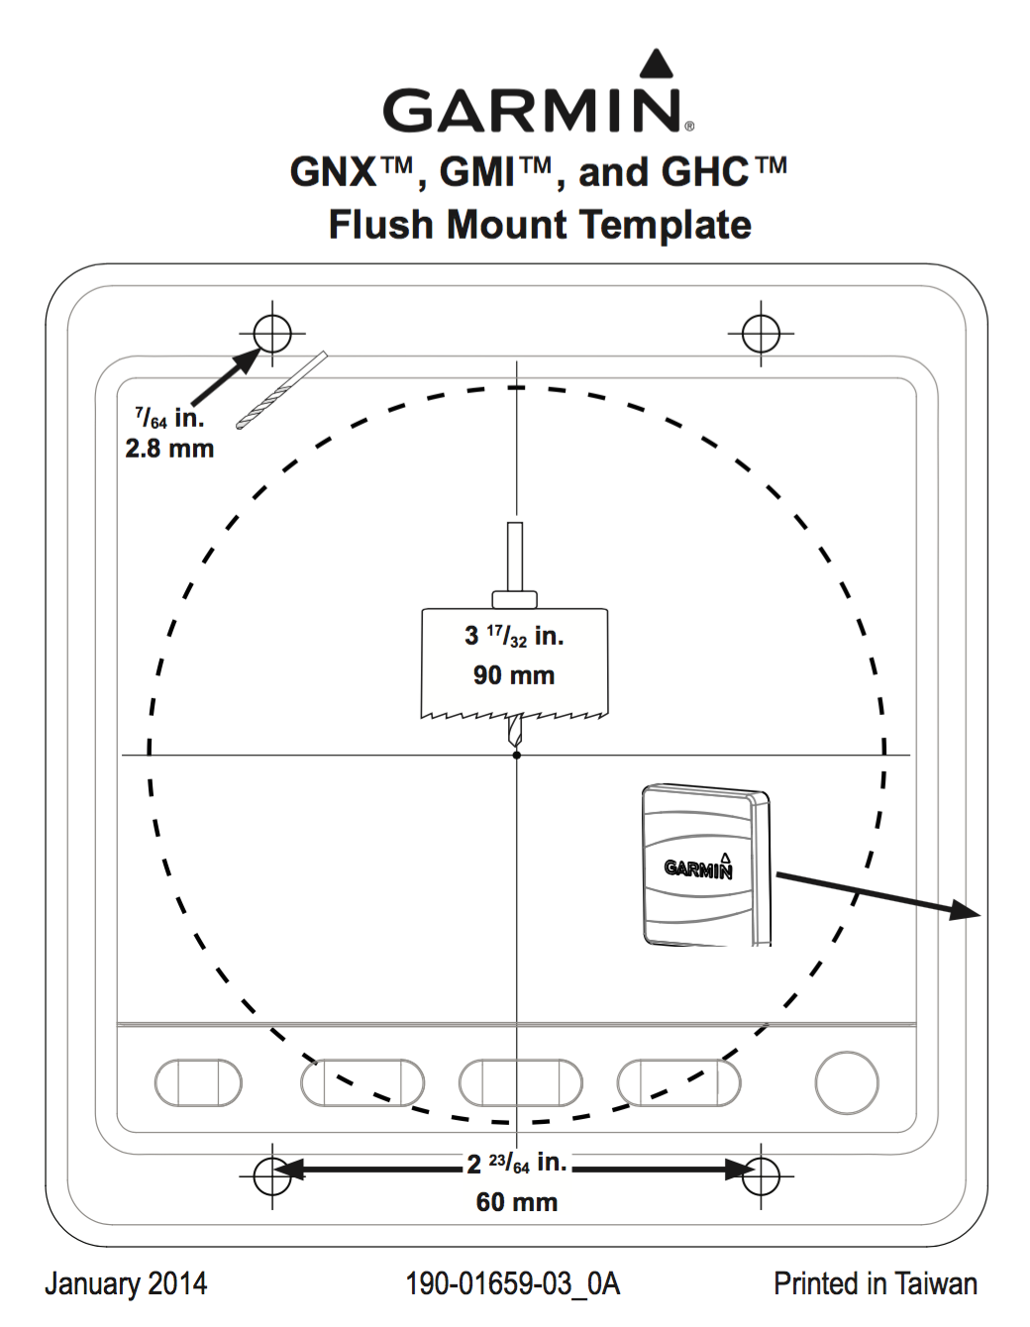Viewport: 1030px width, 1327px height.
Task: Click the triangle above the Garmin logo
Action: [656, 63]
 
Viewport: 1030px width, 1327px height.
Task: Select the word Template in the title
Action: [666, 226]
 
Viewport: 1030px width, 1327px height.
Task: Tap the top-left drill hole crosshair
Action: [272, 334]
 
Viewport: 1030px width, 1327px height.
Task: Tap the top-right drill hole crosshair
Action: [761, 334]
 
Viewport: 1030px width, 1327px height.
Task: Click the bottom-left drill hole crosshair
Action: [272, 1175]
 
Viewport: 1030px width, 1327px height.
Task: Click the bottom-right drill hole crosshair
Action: [761, 1175]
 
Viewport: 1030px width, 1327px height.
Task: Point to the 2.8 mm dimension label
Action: [169, 449]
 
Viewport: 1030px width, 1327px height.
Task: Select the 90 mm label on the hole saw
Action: [514, 675]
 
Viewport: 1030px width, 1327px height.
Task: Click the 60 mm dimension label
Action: [517, 1202]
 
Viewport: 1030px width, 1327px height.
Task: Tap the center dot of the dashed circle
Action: [517, 756]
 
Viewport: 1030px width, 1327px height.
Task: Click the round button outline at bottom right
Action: [847, 1082]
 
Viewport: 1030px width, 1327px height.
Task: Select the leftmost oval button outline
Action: [198, 1082]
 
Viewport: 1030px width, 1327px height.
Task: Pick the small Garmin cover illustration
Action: [706, 866]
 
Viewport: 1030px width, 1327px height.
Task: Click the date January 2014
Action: [126, 1283]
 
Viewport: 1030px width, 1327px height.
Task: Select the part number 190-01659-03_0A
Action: [513, 1283]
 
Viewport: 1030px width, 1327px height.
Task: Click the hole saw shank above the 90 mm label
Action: [515, 557]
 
